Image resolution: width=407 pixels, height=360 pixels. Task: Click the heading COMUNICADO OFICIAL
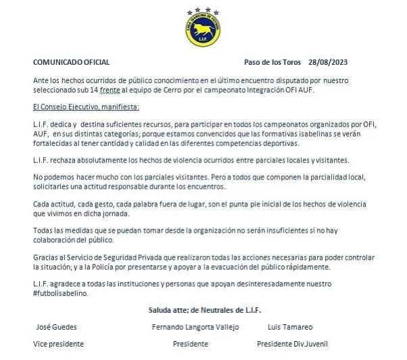click(x=72, y=61)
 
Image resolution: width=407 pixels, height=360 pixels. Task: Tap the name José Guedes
click(x=56, y=327)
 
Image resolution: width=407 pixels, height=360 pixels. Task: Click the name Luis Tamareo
click(x=291, y=327)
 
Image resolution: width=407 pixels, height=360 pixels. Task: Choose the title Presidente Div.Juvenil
click(x=292, y=344)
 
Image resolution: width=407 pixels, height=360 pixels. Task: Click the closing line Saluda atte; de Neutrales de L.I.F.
click(x=205, y=310)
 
